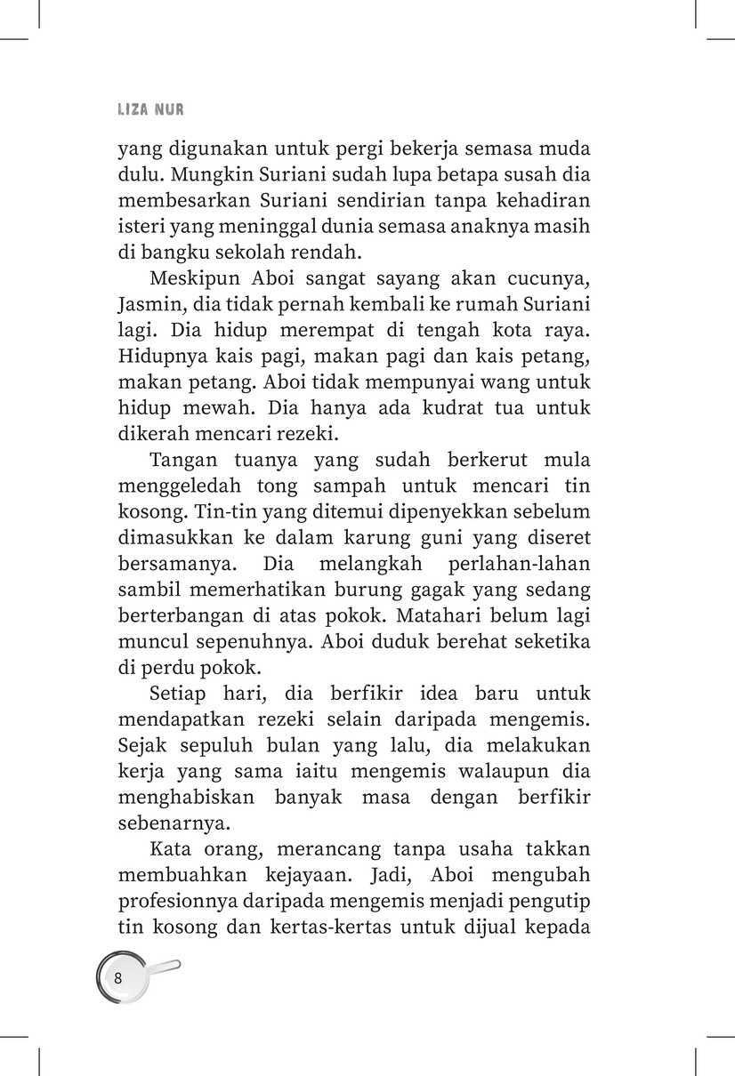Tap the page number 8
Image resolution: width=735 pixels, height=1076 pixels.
coord(118,978)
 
